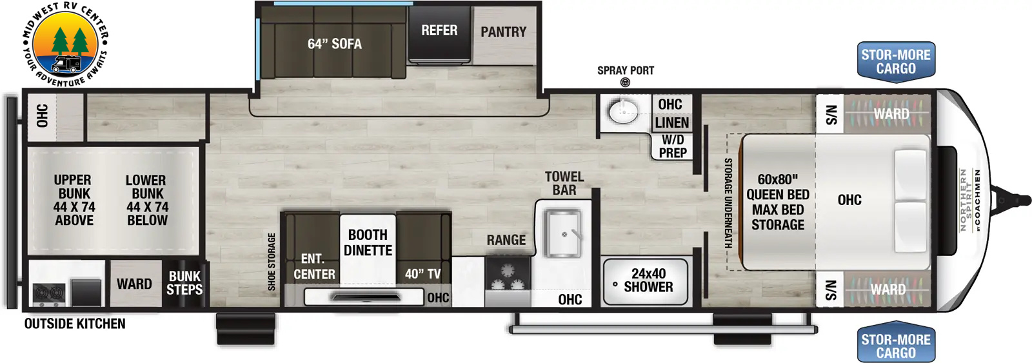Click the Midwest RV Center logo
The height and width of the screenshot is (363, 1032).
coord(65,44)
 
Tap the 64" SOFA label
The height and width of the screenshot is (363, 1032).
coord(335,44)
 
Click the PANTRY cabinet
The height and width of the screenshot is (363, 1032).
coord(504,35)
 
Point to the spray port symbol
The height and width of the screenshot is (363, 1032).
coord(625,83)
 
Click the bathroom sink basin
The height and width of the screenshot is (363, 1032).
coord(624,111)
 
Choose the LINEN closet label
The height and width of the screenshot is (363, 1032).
coord(672,123)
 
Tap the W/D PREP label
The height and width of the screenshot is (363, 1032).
coord(673,146)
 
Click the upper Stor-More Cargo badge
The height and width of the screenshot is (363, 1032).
coord(896,62)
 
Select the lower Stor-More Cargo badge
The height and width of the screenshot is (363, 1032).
coord(896,346)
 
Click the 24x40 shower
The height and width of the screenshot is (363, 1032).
coord(646,281)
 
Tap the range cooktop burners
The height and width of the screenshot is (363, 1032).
coord(508,277)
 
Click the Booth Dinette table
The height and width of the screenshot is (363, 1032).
coord(368,249)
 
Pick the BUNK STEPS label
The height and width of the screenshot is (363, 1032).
coord(184,283)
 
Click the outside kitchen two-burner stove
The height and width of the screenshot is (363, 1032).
coord(48,293)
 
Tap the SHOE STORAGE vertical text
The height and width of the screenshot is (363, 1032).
coord(272,262)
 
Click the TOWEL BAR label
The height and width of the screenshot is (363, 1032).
coord(564,183)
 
